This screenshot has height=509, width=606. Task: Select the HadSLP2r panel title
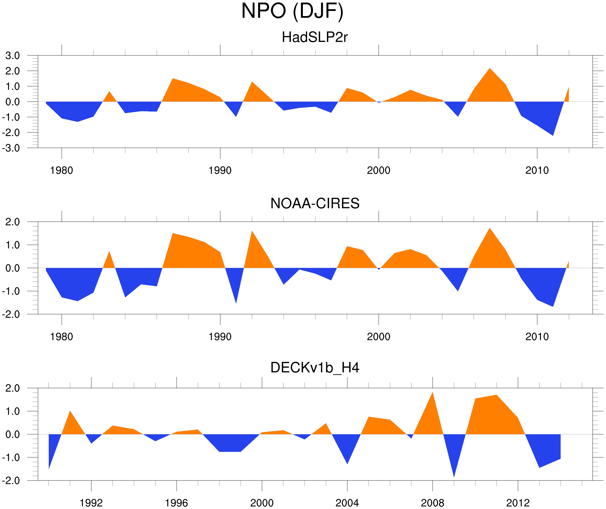(x=314, y=37)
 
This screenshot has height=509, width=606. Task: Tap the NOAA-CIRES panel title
(x=315, y=203)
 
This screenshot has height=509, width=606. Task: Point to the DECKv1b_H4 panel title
(x=315, y=368)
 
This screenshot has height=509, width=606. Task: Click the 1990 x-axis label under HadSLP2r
(x=220, y=170)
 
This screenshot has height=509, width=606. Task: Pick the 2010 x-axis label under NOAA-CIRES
(x=537, y=337)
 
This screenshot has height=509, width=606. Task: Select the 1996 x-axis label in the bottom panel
(x=176, y=503)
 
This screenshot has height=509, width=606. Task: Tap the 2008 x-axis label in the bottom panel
(x=432, y=503)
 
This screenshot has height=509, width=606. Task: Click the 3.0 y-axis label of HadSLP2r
(x=12, y=56)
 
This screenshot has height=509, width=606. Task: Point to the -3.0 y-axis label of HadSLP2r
(x=11, y=148)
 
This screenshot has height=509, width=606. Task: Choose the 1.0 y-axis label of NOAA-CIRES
(x=12, y=245)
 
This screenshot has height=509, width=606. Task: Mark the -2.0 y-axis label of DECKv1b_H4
(x=11, y=481)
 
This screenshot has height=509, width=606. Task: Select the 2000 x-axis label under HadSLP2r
(x=378, y=170)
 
